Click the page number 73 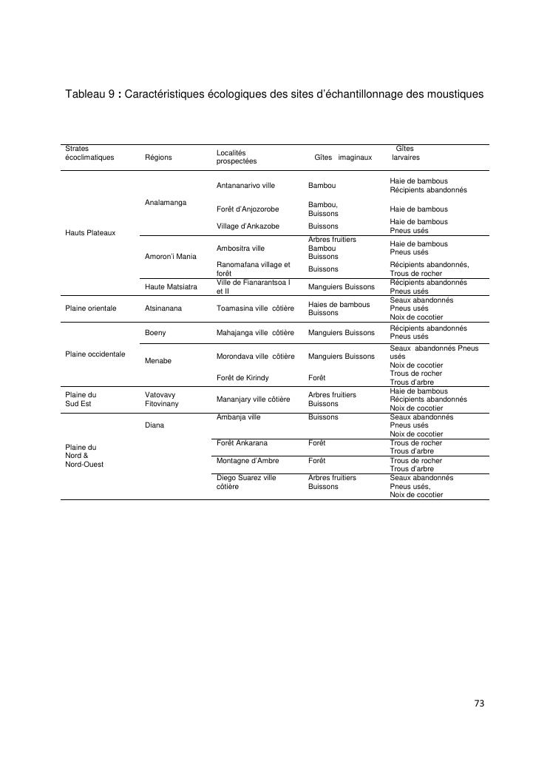[x=479, y=704]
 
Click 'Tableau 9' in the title [x=89, y=95]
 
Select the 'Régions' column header [x=158, y=157]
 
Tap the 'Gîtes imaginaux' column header [x=343, y=157]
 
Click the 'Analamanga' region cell [x=166, y=202]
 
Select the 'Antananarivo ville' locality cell [x=245, y=185]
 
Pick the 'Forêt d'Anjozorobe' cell [x=248, y=209]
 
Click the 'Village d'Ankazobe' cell [x=248, y=226]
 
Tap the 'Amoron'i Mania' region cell [x=171, y=256]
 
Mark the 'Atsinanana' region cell [x=163, y=308]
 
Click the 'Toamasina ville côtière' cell [x=255, y=308]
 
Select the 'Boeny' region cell [x=155, y=333]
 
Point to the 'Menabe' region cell [x=158, y=360]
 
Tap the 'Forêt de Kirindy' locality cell [x=242, y=378]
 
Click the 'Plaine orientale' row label [x=91, y=308]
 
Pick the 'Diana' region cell [x=155, y=425]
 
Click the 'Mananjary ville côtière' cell [x=253, y=399]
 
